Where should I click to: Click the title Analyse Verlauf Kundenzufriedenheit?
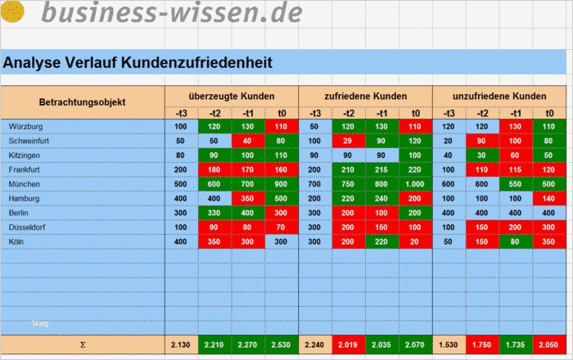[x=137, y=62]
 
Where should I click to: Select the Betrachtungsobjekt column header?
[x=82, y=102]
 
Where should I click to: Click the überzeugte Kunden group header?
[x=231, y=96]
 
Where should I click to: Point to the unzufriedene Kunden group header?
[x=499, y=96]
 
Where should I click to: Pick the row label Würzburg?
[x=26, y=127]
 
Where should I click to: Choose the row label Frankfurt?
[x=25, y=169]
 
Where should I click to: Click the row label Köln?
[x=17, y=242]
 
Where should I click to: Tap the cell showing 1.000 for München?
[x=416, y=184]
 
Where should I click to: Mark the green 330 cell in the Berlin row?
[x=214, y=213]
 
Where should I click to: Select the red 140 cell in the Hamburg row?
[x=549, y=199]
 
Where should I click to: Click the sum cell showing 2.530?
[x=282, y=345]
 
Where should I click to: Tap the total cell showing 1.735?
[x=516, y=345]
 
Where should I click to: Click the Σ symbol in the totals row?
[x=82, y=345]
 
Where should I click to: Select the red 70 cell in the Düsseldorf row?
[x=282, y=227]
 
